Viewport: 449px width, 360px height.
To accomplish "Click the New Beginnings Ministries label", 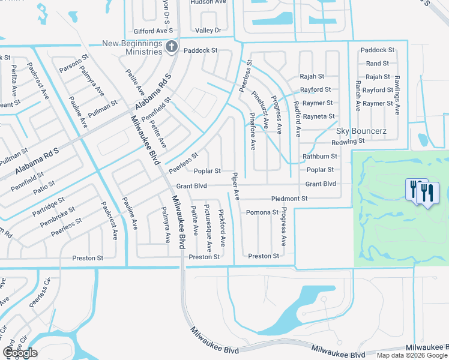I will tap(132, 47).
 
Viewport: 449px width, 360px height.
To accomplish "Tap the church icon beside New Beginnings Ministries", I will tap(172, 47).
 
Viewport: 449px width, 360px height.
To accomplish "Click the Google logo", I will tap(20, 353).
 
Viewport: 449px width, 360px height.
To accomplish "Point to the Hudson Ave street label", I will tap(208, 2).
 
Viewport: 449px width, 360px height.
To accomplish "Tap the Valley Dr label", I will tap(208, 30).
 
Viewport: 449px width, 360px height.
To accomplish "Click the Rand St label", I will tap(377, 64).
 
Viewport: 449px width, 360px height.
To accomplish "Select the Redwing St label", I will tap(348, 142).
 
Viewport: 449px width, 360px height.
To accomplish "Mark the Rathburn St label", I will tap(320, 157).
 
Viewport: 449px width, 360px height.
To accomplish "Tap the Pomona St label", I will tap(262, 212).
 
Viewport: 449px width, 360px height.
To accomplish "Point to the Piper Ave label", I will tap(237, 187).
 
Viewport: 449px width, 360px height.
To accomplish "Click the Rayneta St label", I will tap(319, 116).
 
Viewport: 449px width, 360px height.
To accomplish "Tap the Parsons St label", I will tap(71, 66).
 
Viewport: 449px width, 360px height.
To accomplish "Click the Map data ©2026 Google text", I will tap(412, 355).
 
